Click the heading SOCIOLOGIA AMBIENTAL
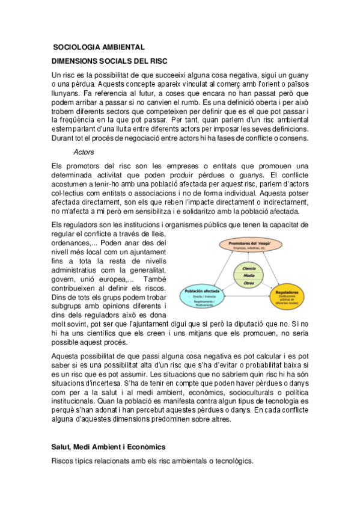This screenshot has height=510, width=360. (99, 47)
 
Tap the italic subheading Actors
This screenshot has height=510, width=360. (84, 152)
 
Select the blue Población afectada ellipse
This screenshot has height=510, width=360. (201, 293)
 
